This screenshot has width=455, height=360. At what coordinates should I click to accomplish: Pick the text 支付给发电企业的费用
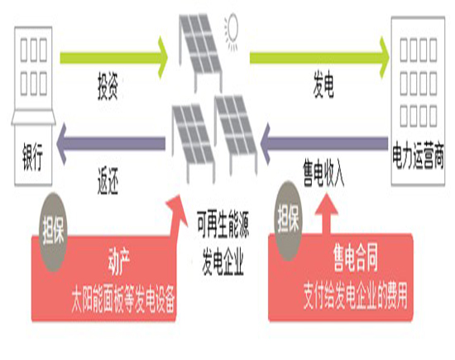[355, 293]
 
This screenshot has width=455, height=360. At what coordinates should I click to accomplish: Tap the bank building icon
[31, 74]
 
